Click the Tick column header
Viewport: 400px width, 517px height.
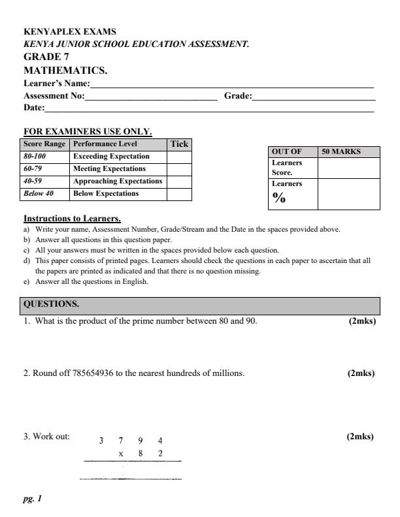179,144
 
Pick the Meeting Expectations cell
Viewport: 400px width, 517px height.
109,169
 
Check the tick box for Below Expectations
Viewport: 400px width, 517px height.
179,194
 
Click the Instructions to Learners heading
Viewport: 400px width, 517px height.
72,218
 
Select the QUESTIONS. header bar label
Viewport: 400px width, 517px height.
51,304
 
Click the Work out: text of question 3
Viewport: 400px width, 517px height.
51,437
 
